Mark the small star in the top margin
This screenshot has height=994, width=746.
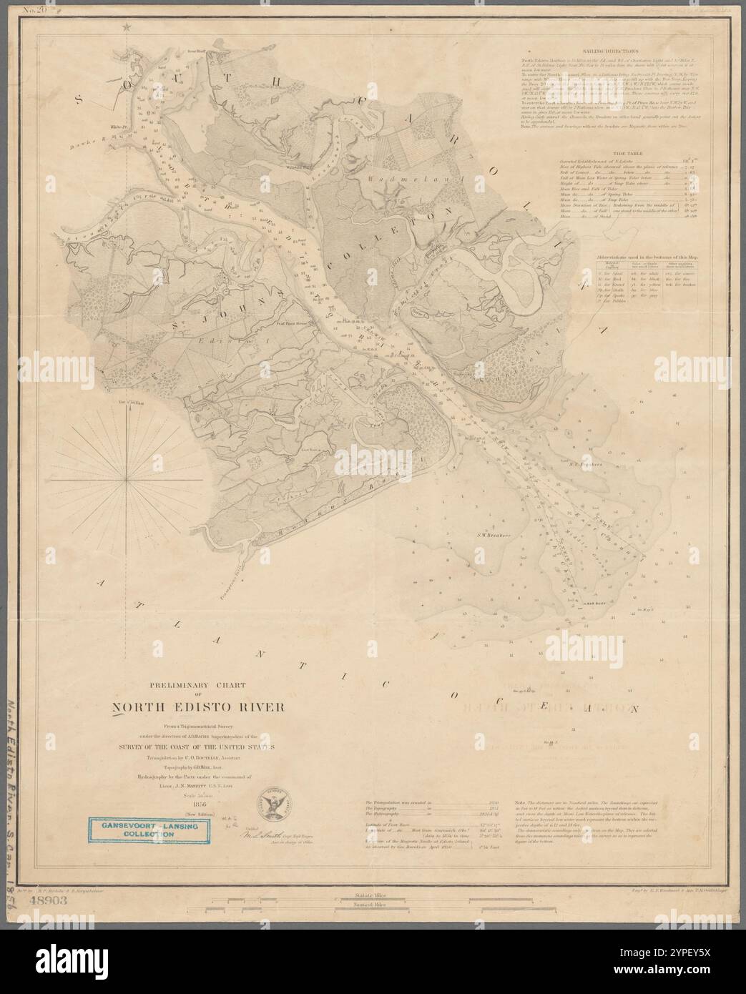pos(128,27)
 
